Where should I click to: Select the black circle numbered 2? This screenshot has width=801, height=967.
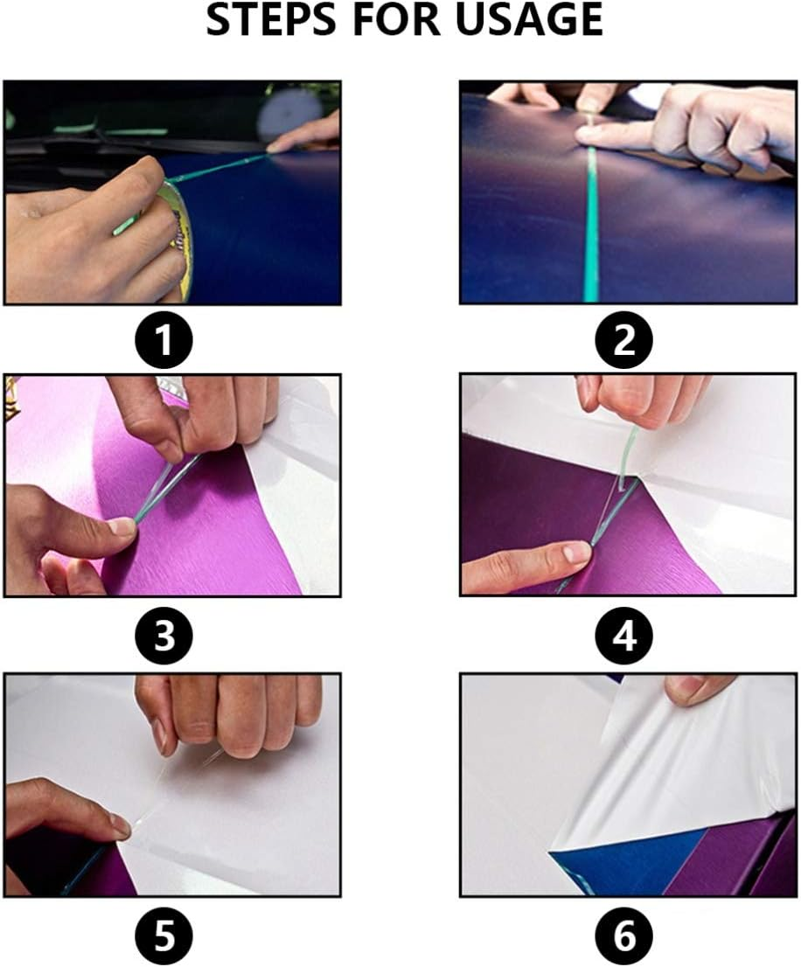tap(624, 341)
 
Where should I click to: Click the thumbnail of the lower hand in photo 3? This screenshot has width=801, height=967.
tap(122, 526)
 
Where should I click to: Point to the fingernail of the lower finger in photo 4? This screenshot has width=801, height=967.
tap(575, 553)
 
